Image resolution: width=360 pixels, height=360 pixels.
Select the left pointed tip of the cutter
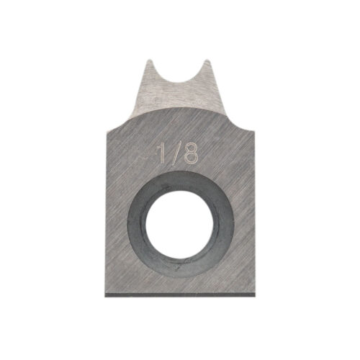150,60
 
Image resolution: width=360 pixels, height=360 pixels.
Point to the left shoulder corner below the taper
108,129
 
